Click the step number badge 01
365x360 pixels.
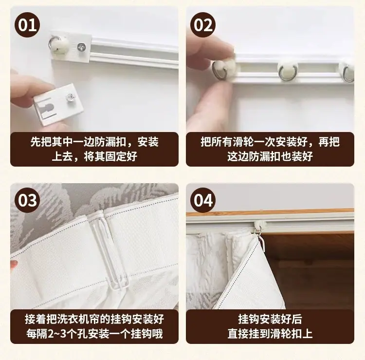tap(27, 25)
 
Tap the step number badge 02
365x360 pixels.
tap(203, 25)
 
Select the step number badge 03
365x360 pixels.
tap(27, 200)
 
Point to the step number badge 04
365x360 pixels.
tap(203, 200)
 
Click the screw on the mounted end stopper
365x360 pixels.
tap(81, 47)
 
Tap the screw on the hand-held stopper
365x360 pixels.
tap(70, 97)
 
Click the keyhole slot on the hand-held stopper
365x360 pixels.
tap(48, 109)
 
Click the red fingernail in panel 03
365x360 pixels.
tap(14, 265)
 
